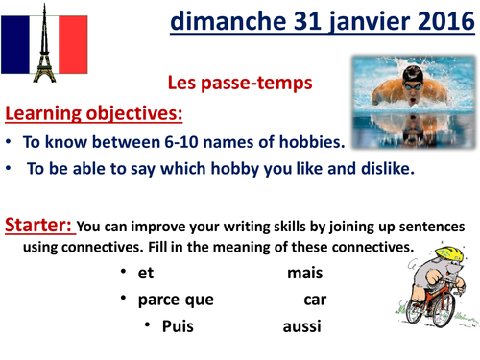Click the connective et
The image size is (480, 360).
coord(146,274)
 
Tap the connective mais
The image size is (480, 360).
coord(304,274)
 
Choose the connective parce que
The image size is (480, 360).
coord(176,300)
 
